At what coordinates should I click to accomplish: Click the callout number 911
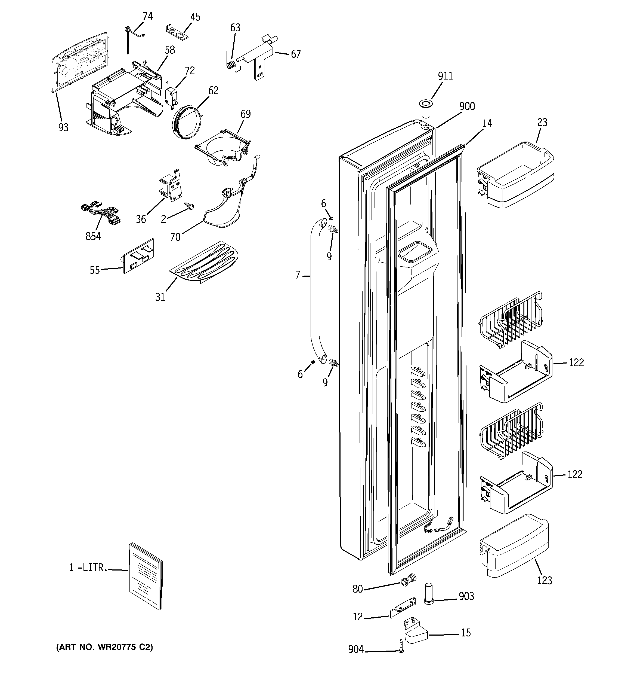[445, 76]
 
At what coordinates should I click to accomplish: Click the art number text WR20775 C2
[104, 647]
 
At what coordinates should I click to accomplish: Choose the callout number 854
[93, 236]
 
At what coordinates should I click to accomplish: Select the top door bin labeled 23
[515, 175]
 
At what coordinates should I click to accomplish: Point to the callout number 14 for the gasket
[487, 123]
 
